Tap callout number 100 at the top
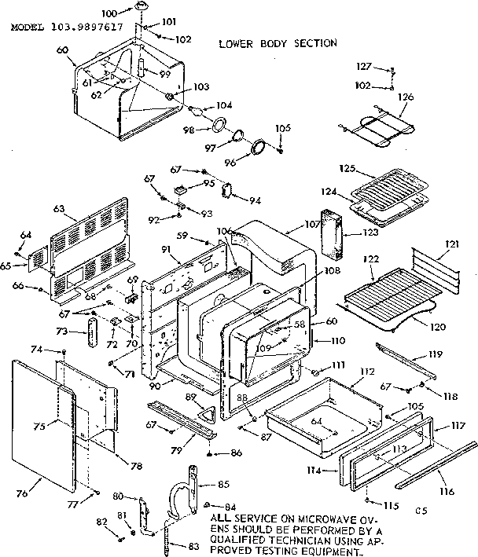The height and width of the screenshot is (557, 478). [x=109, y=14]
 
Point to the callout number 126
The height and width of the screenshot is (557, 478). [x=405, y=97]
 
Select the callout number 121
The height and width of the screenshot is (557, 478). [x=450, y=244]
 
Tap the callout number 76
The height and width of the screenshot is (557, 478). [x=21, y=493]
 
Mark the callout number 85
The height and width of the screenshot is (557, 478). [x=222, y=484]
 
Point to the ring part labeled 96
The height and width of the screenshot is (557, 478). [x=257, y=148]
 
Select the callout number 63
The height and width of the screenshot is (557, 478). [x=58, y=211]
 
